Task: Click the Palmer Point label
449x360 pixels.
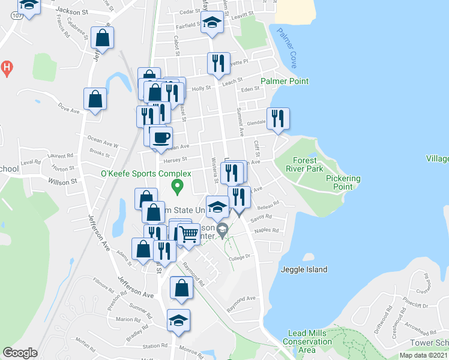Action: [x=285, y=81]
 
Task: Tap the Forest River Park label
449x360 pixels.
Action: [x=308, y=164]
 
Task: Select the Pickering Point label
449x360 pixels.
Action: [x=343, y=182]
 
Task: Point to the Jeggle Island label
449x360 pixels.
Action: [x=304, y=270]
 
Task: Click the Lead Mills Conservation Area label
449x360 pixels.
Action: [x=307, y=341]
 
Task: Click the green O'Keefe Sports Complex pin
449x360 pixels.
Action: [x=177, y=188]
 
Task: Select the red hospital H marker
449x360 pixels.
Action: [x=7, y=68]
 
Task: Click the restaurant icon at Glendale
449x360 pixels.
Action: [x=277, y=118]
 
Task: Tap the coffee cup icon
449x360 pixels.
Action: [x=161, y=137]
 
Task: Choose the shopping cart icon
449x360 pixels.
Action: [x=189, y=233]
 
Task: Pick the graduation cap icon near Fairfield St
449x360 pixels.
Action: [x=211, y=23]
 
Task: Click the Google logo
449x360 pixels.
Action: [x=20, y=353]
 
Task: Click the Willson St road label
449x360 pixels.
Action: [x=63, y=181]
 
